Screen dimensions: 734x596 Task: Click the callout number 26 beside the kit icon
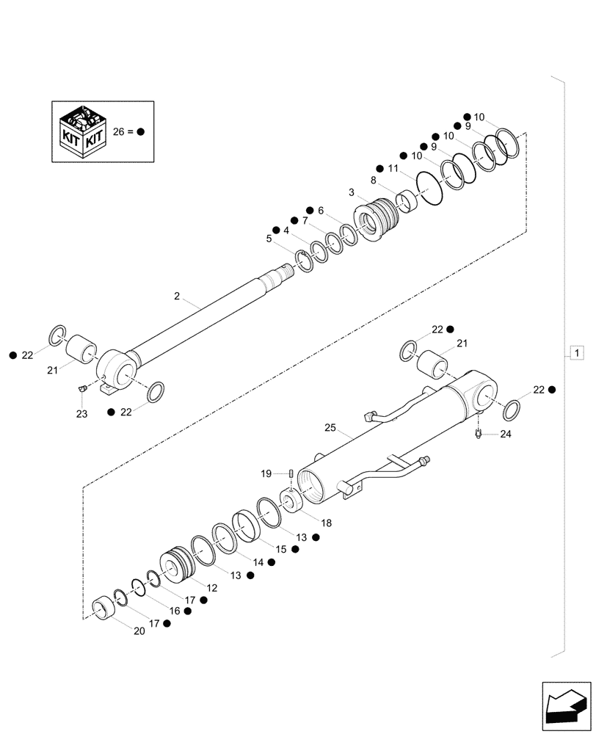tap(120, 131)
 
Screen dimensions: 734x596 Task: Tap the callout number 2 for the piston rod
tap(177, 296)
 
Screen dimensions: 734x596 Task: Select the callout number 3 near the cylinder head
tap(352, 192)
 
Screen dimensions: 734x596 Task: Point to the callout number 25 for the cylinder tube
tap(330, 427)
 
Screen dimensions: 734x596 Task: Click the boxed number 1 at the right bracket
tap(578, 354)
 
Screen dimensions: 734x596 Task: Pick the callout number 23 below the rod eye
tap(81, 415)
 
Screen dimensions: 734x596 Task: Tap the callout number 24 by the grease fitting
tap(505, 434)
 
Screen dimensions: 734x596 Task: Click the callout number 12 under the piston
tap(211, 588)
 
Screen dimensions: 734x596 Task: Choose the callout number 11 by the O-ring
tap(393, 169)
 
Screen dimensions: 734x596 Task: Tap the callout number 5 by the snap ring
tap(269, 239)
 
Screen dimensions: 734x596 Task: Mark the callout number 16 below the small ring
tap(174, 611)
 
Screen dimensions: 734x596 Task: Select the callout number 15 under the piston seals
tap(280, 549)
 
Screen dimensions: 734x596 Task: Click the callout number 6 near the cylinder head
tap(320, 211)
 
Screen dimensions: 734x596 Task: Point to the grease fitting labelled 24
tap(479, 435)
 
